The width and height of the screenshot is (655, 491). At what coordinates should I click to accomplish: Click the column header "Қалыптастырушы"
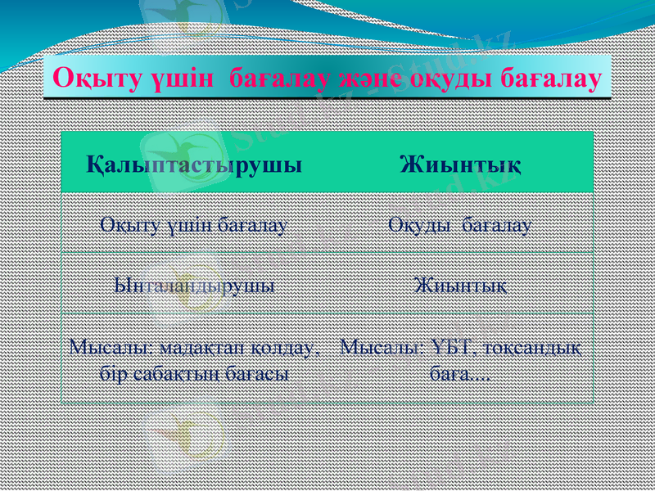click(195, 163)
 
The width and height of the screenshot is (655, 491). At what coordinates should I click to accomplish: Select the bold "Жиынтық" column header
click(461, 163)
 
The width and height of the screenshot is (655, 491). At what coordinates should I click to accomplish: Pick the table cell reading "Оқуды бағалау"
click(460, 223)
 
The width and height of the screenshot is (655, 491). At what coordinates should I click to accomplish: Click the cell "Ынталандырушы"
click(194, 286)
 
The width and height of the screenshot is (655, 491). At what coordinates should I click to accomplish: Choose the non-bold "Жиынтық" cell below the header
click(460, 286)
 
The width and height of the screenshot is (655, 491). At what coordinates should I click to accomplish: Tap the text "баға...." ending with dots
click(460, 376)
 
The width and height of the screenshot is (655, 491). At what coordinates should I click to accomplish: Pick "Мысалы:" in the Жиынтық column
click(380, 349)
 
